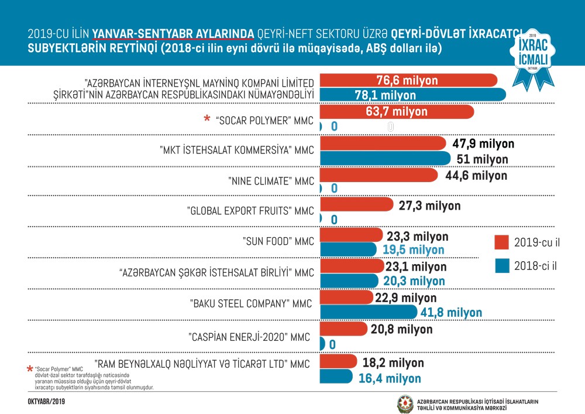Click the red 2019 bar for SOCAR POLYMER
[x=397, y=111]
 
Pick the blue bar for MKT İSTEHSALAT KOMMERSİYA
[x=386, y=159]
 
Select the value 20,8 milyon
[x=401, y=329]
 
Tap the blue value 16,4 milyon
[x=390, y=378]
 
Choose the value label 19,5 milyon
[x=413, y=250]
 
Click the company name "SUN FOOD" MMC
[x=278, y=241]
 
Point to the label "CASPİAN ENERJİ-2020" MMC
[x=249, y=337]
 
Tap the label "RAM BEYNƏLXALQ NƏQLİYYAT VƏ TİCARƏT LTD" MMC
[x=202, y=364]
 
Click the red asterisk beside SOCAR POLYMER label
[x=207, y=120]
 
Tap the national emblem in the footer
[x=405, y=403]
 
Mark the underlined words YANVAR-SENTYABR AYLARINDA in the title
[x=173, y=33]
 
